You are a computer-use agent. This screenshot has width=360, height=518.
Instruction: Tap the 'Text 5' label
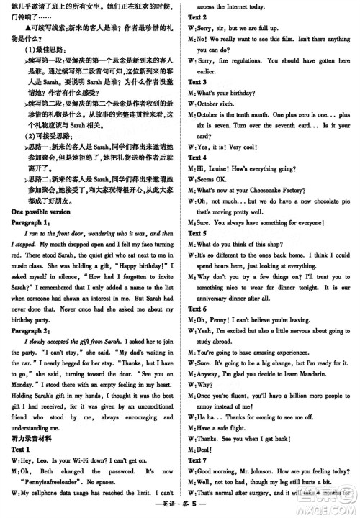point(197,234)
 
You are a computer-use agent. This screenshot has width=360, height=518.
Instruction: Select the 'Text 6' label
point(197,309)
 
